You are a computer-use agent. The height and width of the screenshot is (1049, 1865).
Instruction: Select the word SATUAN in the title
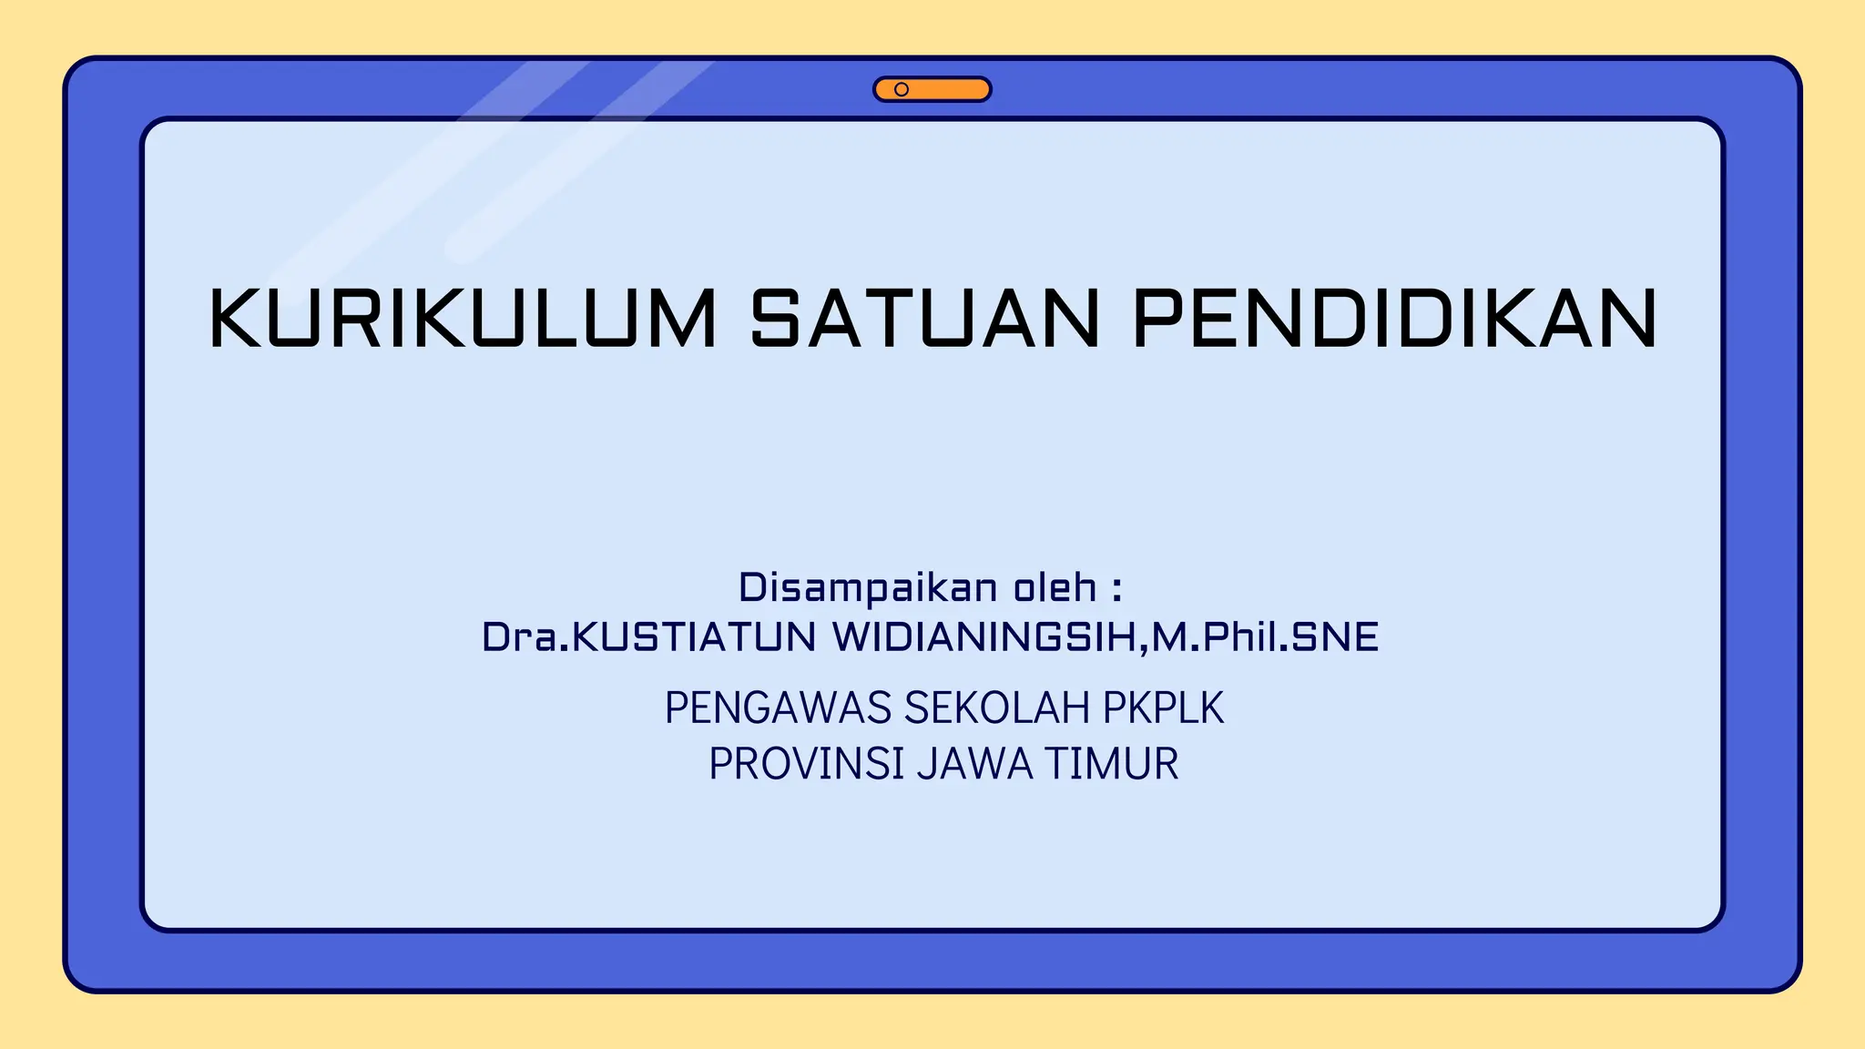tap(925, 319)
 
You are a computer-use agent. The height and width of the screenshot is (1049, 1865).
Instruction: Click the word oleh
tap(1055, 588)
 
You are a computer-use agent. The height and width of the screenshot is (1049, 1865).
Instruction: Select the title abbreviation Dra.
tap(525, 637)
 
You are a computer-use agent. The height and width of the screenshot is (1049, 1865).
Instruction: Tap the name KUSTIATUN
tap(694, 637)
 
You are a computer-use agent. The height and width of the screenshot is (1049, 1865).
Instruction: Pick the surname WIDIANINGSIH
tap(984, 637)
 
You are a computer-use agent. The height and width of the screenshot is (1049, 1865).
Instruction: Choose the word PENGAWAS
tap(778, 708)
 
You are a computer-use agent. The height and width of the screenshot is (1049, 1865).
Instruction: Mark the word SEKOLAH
tap(997, 708)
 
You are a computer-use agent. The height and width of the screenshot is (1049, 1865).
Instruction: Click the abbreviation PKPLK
tap(1164, 708)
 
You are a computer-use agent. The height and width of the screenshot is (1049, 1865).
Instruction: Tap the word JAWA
tap(975, 764)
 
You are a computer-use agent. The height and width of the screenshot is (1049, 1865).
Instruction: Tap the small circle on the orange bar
tap(902, 89)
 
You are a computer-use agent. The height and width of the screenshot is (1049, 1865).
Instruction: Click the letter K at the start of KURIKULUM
tap(235, 319)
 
